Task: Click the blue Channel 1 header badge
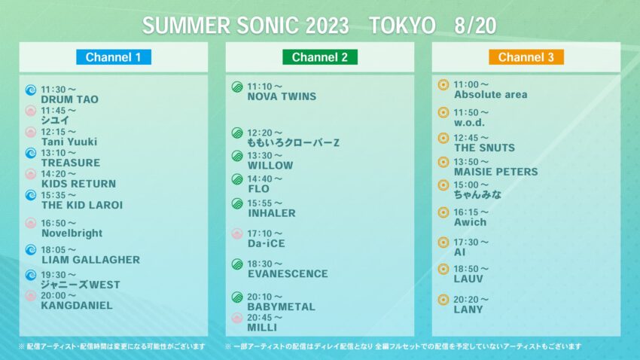coord(113,57)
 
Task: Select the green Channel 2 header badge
coord(319,57)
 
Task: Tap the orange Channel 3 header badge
coord(526,57)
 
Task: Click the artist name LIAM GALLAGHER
coord(90,260)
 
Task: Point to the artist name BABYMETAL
coord(281,307)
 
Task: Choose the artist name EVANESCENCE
coord(288,274)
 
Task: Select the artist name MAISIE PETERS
coord(495,172)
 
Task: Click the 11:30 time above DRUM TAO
coord(59,89)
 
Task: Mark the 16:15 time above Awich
coord(471,212)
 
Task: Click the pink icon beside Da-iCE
coord(237,233)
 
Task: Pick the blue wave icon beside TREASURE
coord(31,153)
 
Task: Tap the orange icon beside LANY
coord(443,300)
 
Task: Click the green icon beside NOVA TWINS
coord(237,87)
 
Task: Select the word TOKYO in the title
coord(402,26)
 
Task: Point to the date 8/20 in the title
coord(475,26)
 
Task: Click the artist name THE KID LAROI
coord(81,205)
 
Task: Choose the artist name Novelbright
coord(72,233)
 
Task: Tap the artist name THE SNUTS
coord(485,148)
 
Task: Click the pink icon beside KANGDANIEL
coord(31,296)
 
